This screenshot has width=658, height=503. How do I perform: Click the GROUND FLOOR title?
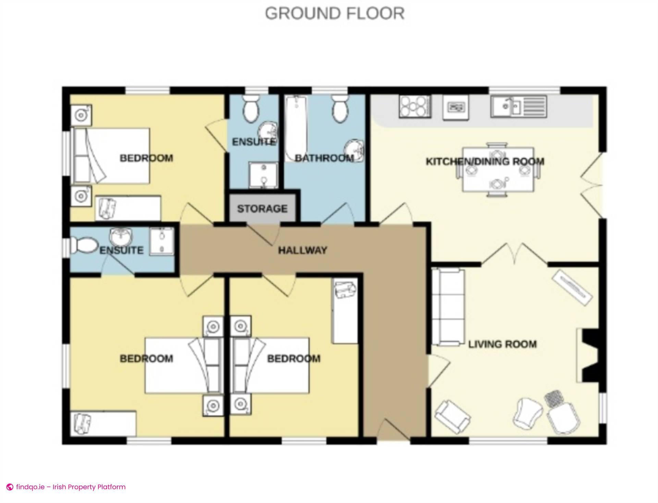pos(335,14)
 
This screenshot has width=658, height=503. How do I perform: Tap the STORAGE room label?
pos(262,209)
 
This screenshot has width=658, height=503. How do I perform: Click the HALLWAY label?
pos(302,250)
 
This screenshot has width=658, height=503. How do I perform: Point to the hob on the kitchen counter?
pos(415,107)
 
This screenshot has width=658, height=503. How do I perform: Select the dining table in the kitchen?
pos(498,170)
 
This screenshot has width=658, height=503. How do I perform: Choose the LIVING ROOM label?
pos(502,344)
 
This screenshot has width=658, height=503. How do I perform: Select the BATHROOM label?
pos(324,158)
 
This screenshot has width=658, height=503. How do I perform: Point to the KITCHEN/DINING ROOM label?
pos(485,161)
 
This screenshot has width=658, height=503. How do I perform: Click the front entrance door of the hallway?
pos(394,430)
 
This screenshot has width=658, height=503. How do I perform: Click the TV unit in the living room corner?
pos(573,287)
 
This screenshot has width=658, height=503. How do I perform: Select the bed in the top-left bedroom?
pos(111,156)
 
